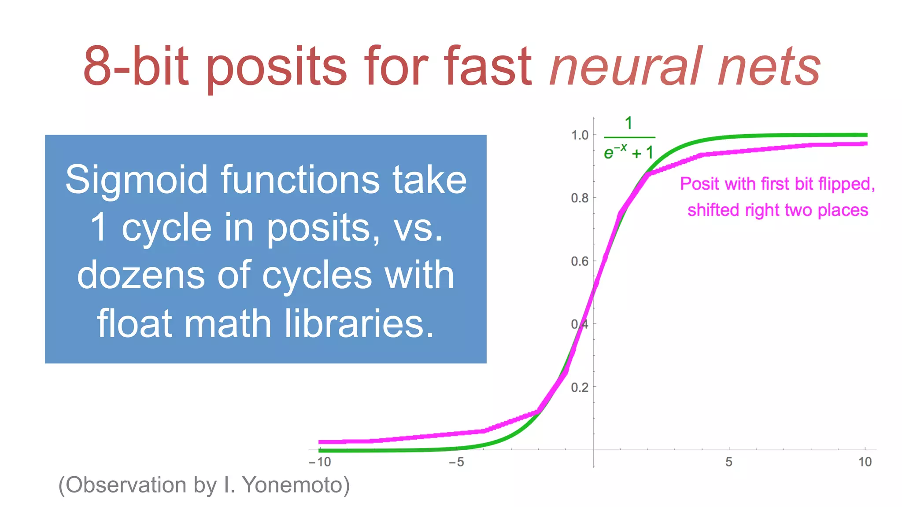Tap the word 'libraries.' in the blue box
coord(359,323)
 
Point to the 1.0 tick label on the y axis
coord(580,135)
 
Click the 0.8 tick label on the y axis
coord(580,198)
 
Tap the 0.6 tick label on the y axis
coord(580,261)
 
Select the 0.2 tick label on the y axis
coord(580,387)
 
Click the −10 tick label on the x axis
coord(320,462)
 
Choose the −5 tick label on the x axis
coord(456,462)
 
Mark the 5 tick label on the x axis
coord(729,462)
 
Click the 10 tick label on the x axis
coord(865,462)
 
